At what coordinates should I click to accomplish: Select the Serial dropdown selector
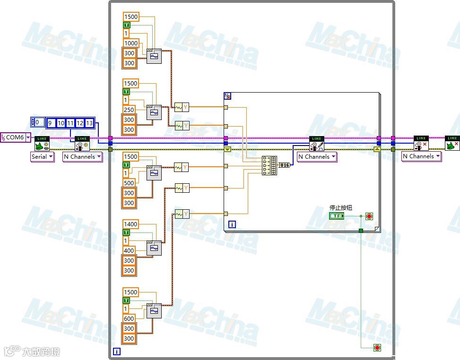(x=42, y=157)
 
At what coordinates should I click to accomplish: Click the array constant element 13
(x=89, y=123)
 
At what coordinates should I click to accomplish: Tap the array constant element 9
(x=50, y=123)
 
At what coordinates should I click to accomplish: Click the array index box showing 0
(x=38, y=122)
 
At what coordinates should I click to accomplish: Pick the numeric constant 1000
(x=131, y=43)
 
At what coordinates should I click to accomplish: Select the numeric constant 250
(x=129, y=110)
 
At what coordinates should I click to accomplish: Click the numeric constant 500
(x=129, y=183)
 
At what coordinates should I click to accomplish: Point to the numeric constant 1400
(x=130, y=224)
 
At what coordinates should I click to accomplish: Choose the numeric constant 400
(x=129, y=250)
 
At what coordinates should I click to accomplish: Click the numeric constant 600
(x=129, y=318)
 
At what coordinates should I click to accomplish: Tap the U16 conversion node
(x=284, y=165)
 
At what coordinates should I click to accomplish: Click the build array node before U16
(x=269, y=165)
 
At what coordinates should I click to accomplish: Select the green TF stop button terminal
(x=337, y=216)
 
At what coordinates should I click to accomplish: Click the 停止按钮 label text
(x=340, y=207)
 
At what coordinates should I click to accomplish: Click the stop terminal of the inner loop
(x=369, y=216)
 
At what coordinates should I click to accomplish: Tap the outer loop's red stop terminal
(x=377, y=348)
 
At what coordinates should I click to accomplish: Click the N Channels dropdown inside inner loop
(x=317, y=157)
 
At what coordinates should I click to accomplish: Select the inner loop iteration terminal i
(x=232, y=224)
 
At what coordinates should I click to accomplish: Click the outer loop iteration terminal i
(x=116, y=351)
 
